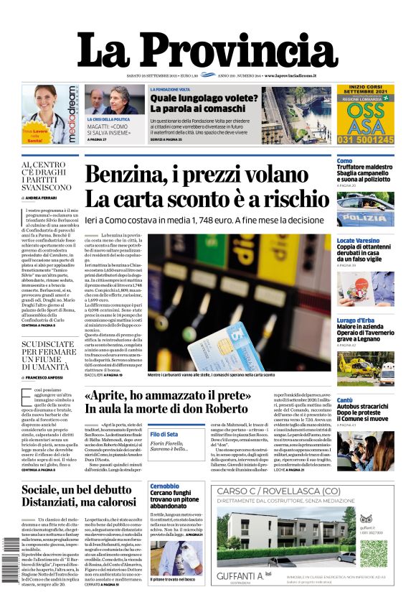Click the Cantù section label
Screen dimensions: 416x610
pos(344,399)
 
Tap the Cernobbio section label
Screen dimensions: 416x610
pos(165,486)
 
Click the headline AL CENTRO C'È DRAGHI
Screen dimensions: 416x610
pos(47,176)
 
